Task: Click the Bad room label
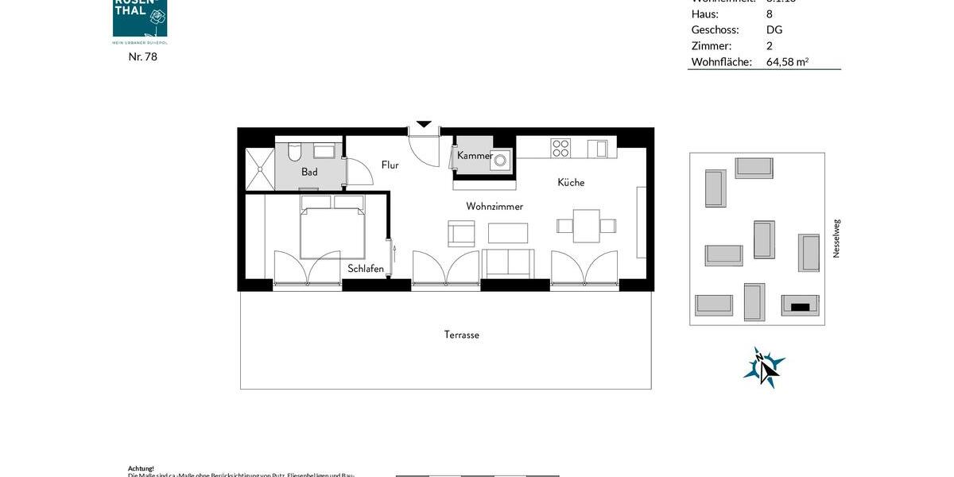tap(309, 172)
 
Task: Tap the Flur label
tap(390, 165)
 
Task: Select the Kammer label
tap(475, 156)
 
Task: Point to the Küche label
tap(571, 183)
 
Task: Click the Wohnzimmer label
tap(494, 207)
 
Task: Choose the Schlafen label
tap(366, 269)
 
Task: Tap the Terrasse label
tap(462, 335)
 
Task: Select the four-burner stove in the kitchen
tap(561, 148)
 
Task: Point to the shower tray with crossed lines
tap(259, 169)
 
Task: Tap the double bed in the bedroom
tap(332, 227)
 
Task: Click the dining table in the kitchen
tap(587, 225)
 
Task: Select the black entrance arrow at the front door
tap(424, 124)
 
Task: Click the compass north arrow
tap(764, 368)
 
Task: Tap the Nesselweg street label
tap(836, 238)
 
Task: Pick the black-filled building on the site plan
tap(800, 305)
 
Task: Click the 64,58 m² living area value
tap(787, 62)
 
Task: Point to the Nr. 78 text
tap(143, 56)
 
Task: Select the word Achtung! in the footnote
tap(141, 469)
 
